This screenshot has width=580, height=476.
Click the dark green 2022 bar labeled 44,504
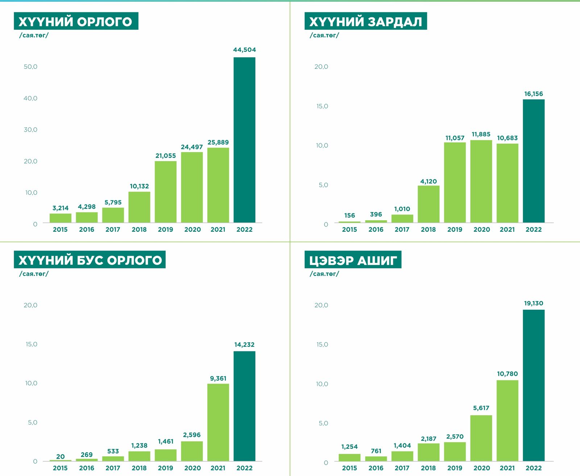pyautogui.click(x=244, y=140)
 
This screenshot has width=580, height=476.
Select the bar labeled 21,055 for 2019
pyautogui.click(x=166, y=192)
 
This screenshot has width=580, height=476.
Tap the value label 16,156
pyautogui.click(x=534, y=94)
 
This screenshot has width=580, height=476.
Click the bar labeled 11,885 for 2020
pyautogui.click(x=481, y=181)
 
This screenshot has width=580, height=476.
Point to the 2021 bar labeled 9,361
pyautogui.click(x=218, y=422)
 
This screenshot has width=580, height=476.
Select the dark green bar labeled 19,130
pyautogui.click(x=534, y=385)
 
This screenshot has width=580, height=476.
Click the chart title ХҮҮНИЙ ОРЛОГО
pyautogui.click(x=76, y=21)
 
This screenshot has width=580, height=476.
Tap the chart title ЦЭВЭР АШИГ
pyautogui.click(x=353, y=260)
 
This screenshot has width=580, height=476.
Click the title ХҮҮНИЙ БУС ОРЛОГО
pyautogui.click(x=90, y=260)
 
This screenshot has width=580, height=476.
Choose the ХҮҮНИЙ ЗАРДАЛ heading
pyautogui.click(x=365, y=21)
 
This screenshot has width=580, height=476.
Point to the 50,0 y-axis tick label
pyautogui.click(x=30, y=67)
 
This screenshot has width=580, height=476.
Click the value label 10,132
pyautogui.click(x=139, y=186)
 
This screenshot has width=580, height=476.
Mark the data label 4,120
pyautogui.click(x=428, y=181)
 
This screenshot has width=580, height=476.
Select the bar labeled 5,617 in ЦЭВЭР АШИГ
pyautogui.click(x=481, y=438)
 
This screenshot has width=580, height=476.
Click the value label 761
pyautogui.click(x=376, y=451)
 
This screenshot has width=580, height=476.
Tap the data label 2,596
pyautogui.click(x=192, y=435)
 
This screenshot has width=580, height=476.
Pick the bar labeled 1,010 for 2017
pyautogui.click(x=402, y=218)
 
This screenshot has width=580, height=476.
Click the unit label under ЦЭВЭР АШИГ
pyautogui.click(x=324, y=274)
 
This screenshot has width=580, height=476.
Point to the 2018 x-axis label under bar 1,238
pyautogui.click(x=139, y=468)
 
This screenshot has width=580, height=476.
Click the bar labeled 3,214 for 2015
pyautogui.click(x=61, y=218)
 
